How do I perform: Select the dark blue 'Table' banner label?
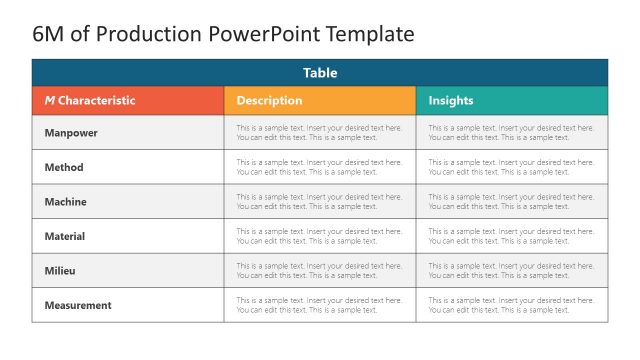pos(320,73)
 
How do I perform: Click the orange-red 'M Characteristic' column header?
pos(90,101)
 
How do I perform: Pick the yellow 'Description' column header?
pos(269,101)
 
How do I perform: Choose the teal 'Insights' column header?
pos(451,101)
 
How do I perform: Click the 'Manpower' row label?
pos(71,133)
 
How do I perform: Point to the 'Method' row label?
pos(64,167)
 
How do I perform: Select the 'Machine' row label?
pos(66,202)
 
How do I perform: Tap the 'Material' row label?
pos(65,236)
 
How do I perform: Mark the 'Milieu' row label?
pos(60,271)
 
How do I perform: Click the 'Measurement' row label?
pos(78,305)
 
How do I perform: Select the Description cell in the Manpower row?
pos(319,133)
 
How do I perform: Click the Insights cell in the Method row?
pos(511,167)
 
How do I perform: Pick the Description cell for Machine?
pos(319,202)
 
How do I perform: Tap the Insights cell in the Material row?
pos(511,236)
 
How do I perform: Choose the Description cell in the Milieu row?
pos(319,271)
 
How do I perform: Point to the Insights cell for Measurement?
pos(511,305)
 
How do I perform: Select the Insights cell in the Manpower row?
pos(511,133)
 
